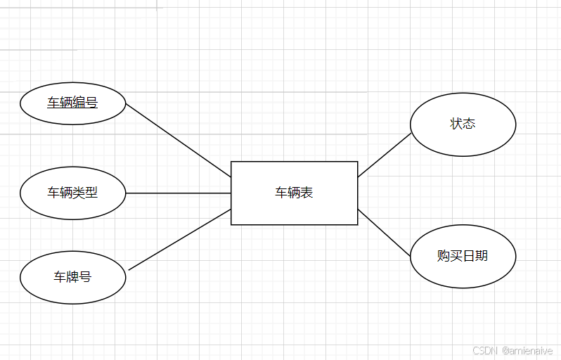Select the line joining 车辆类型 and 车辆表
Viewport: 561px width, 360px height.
tap(179, 193)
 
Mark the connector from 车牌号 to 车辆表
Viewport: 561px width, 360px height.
tap(180, 240)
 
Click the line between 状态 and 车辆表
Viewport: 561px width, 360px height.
tap(384, 155)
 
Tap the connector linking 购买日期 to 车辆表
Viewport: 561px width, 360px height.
tap(384, 232)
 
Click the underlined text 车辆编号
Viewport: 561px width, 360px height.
tap(72, 103)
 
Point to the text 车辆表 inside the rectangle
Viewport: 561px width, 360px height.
tap(294, 193)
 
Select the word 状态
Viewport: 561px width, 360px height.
tap(463, 124)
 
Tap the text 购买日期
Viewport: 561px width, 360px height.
tap(463, 256)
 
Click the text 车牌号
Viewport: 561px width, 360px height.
tap(72, 277)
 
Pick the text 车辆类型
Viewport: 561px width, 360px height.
tap(72, 193)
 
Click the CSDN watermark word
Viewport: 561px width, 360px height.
tap(485, 350)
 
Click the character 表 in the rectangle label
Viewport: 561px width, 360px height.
tap(307, 193)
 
